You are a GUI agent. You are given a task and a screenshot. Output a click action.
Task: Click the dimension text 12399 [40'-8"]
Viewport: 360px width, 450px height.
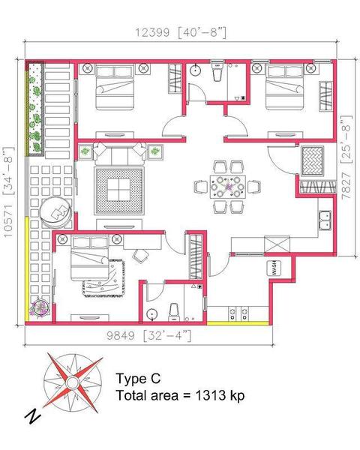[181, 32]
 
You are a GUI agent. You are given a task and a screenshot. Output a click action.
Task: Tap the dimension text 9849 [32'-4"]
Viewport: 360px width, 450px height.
[148, 335]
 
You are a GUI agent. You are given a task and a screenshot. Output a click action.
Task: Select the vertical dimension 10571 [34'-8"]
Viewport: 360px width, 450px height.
[8, 192]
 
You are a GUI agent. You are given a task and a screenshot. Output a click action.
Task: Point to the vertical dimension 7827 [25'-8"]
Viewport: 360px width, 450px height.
[346, 157]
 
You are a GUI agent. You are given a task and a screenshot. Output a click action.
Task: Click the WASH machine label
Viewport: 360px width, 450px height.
[274, 268]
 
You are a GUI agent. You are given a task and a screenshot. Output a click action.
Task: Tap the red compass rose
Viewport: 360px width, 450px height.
[73, 382]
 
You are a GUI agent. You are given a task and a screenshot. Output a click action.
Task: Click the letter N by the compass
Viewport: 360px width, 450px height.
[32, 415]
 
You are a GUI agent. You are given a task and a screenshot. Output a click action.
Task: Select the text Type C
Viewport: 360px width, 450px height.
[138, 379]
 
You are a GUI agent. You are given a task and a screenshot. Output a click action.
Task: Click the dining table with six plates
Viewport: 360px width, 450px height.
[228, 187]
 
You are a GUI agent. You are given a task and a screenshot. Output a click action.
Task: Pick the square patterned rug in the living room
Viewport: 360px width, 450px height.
[119, 190]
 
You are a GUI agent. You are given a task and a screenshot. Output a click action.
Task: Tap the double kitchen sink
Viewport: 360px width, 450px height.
[325, 220]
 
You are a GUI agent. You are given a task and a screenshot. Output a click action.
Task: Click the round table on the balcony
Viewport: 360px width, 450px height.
[56, 212]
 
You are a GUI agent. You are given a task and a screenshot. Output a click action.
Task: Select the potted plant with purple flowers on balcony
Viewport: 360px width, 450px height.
[40, 308]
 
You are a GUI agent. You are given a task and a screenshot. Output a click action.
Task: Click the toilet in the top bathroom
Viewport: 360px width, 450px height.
[217, 70]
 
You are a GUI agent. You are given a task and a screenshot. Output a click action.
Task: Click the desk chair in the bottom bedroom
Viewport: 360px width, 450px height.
[141, 256]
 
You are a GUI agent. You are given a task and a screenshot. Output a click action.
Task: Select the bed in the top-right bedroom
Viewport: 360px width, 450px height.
[284, 87]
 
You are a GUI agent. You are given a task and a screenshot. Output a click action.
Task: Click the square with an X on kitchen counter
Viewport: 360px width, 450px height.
[277, 244]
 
